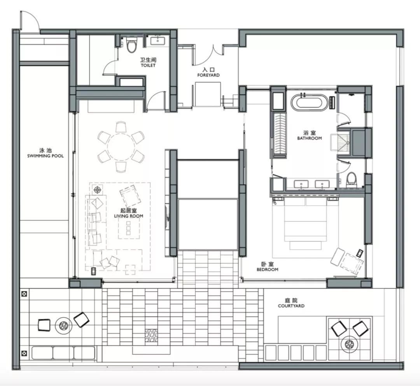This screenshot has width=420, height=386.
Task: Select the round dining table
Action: coord(121,146)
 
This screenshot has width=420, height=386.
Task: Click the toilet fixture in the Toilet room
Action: coord(131,45)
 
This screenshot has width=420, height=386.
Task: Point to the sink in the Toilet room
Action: coord(158,41)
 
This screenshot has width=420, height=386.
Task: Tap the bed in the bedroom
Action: coord(306,223)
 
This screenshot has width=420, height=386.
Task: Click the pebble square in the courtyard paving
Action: coord(152,335)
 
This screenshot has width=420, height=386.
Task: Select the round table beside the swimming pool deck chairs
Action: coord(63,325)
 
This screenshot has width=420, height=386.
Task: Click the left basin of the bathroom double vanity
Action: coord(301,184)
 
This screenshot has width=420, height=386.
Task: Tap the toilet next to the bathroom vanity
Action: coord(351,179)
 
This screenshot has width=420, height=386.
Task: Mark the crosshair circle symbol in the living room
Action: coord(97,190)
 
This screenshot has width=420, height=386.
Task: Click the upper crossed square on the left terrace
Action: coord(24,294)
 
